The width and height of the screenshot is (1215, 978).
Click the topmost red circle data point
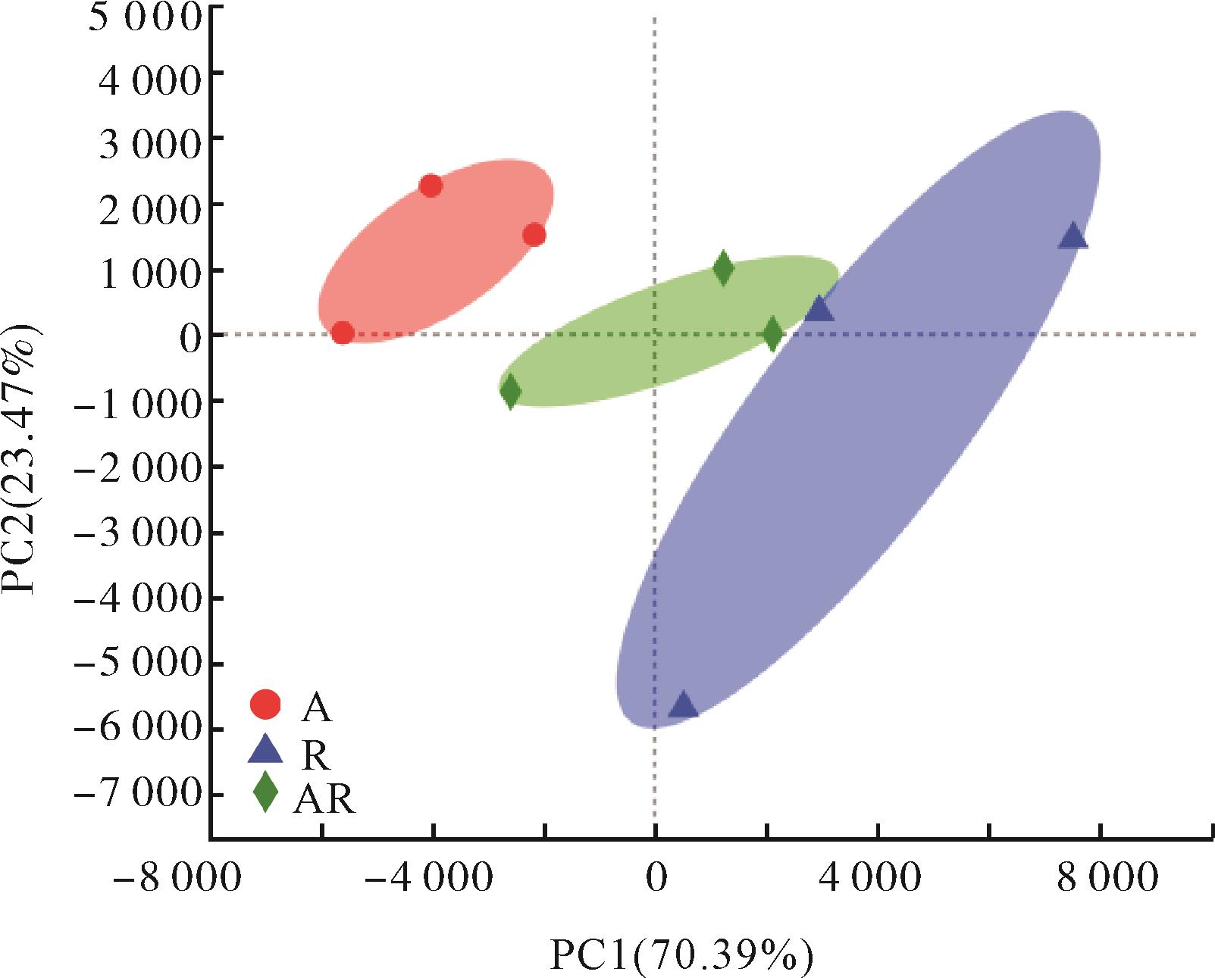coord(431,186)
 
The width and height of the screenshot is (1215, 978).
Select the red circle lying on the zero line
coord(343,333)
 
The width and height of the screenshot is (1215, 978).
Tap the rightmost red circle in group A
coord(534,235)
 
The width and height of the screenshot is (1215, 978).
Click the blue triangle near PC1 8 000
coord(1073,237)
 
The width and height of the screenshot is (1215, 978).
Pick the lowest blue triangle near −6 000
coord(683,705)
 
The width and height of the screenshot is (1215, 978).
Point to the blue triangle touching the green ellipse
coord(819,309)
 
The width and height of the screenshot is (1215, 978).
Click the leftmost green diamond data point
coord(510,391)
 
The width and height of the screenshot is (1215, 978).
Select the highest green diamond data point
coord(723,268)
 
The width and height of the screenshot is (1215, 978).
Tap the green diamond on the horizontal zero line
coord(772,333)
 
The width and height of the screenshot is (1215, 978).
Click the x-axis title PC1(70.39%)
coord(681,956)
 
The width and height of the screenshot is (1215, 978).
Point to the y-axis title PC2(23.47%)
coord(23,461)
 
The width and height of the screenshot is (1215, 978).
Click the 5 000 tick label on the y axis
coord(144,17)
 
